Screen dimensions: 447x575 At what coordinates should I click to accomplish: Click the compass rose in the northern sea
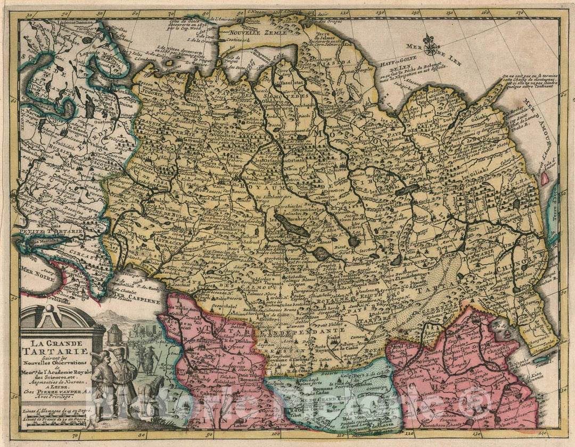[430, 46]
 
